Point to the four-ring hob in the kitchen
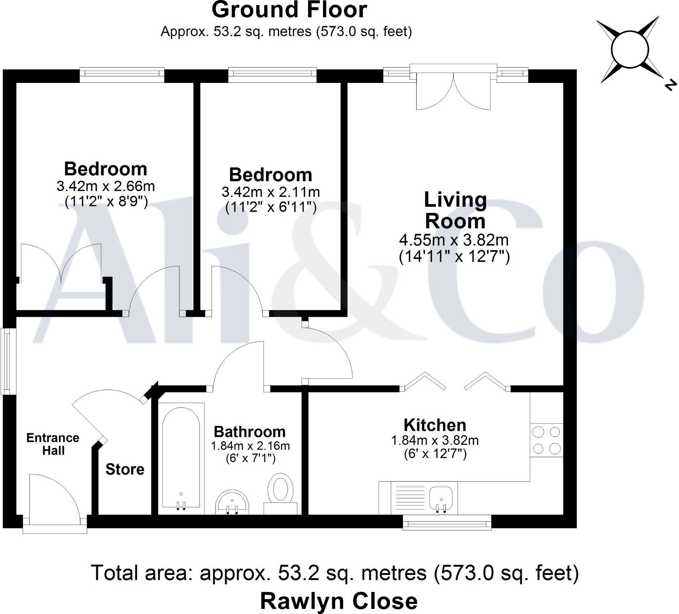pos(546,440)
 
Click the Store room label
pos(125,469)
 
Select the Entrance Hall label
pos(53,444)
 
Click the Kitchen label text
pos(435,425)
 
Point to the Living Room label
pos(455,210)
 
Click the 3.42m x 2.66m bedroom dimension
pos(106,186)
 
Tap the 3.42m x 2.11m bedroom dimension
pos(270,192)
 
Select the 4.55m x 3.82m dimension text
pos(454,240)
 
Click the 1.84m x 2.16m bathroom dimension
pos(250,446)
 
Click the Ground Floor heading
pos(289,10)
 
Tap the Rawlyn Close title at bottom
pos(339,601)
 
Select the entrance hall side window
pos(6,361)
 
